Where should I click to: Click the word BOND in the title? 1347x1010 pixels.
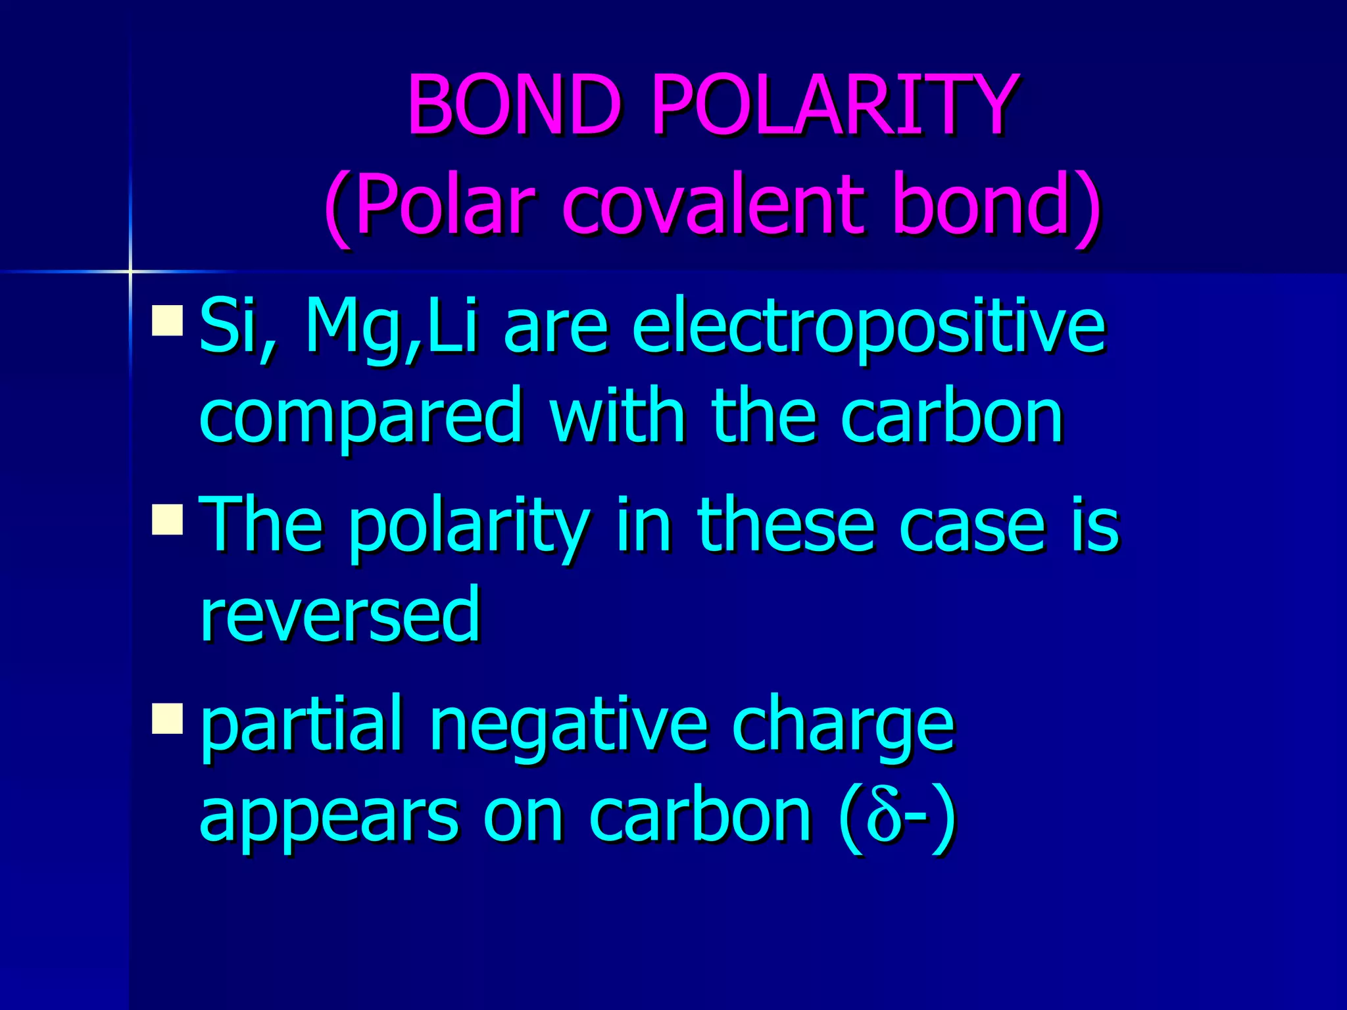click(x=514, y=105)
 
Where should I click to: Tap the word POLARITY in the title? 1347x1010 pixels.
click(x=834, y=105)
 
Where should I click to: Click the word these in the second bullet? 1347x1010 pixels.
click(x=786, y=526)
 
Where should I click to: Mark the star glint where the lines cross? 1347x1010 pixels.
click(x=130, y=271)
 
